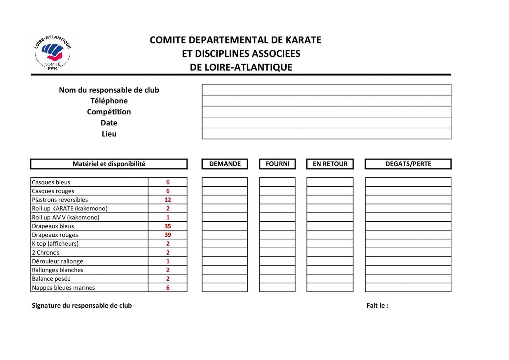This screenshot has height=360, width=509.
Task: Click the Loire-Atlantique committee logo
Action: pos(53,52)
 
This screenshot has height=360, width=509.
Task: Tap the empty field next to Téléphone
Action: pos(326,101)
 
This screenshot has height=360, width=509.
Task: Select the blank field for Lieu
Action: pos(326,134)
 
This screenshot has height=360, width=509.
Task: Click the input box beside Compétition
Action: pos(326,112)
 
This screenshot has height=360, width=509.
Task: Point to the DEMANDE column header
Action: pos(225,164)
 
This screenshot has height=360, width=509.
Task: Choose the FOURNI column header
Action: pos(277,164)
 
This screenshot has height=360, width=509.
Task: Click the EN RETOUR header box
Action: pos(330,164)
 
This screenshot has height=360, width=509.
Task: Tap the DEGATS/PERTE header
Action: pos(408,164)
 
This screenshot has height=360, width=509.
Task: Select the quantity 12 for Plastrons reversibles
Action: pos(168,200)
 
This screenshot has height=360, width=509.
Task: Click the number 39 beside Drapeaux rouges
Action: pos(168,235)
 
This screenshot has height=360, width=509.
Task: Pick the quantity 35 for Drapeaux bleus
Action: pos(168,226)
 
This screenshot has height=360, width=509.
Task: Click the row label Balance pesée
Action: pos(51,279)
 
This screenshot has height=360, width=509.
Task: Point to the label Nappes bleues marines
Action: pos(63,288)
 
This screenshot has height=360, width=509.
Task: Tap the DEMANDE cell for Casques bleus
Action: pos(225,182)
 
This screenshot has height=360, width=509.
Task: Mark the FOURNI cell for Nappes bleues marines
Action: pos(277,287)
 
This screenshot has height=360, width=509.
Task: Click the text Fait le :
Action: pos(377,306)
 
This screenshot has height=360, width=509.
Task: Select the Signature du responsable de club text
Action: pos(82,306)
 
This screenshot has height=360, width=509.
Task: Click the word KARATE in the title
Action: pos(303,40)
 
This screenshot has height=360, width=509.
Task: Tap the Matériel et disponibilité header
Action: pos(109,164)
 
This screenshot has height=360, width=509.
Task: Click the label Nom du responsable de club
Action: pos(109,90)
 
